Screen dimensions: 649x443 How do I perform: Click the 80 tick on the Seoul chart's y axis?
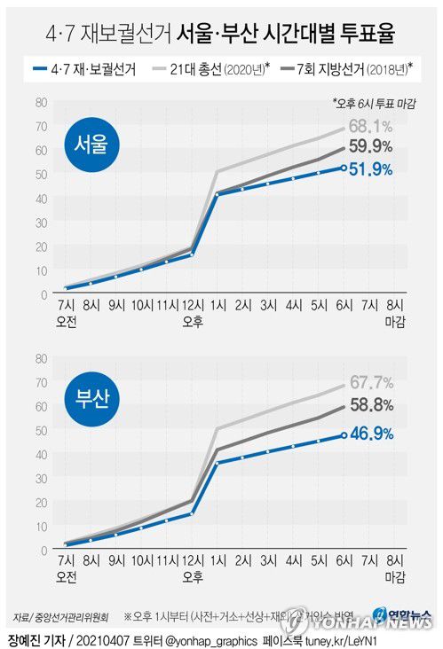click(x=40, y=102)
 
